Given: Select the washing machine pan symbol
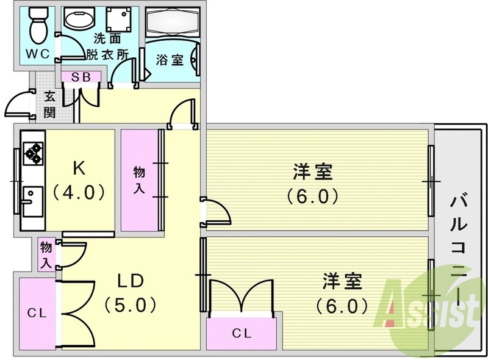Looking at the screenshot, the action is pyautogui.click(x=119, y=20).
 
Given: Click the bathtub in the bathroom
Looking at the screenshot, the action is pyautogui.click(x=172, y=21).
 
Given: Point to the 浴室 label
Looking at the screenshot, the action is pyautogui.click(x=170, y=60).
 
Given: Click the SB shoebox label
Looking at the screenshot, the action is pyautogui.click(x=81, y=77).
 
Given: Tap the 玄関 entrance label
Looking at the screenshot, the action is pyautogui.click(x=49, y=104).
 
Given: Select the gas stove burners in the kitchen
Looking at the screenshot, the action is pyautogui.click(x=34, y=153).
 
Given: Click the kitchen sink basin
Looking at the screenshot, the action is pyautogui.click(x=32, y=201).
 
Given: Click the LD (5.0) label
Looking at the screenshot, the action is pyautogui.click(x=130, y=293).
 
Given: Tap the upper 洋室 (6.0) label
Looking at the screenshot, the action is pyautogui.click(x=312, y=184).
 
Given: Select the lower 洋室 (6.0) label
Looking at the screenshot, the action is pyautogui.click(x=342, y=293).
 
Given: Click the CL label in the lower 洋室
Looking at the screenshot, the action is pyautogui.click(x=242, y=334).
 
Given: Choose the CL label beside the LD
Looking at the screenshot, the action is pyautogui.click(x=37, y=313).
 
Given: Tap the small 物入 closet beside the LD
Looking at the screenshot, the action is pyautogui.click(x=46, y=254).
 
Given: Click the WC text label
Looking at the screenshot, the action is pyautogui.click(x=38, y=54).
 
